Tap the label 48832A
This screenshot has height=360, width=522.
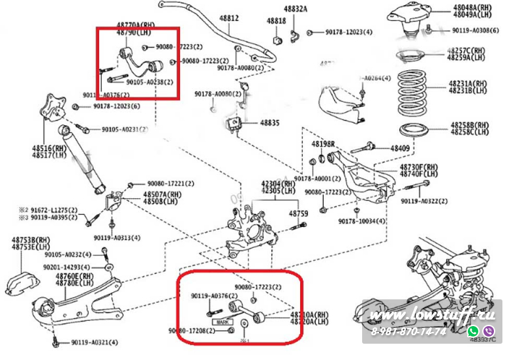(296, 10)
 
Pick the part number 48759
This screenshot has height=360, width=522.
(298, 214)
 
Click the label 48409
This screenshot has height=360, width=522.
(400, 149)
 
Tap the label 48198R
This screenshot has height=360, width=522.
(323, 143)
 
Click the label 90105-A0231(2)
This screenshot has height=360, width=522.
(125, 129)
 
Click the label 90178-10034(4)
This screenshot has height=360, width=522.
(361, 222)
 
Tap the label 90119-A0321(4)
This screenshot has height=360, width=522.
(95, 342)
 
